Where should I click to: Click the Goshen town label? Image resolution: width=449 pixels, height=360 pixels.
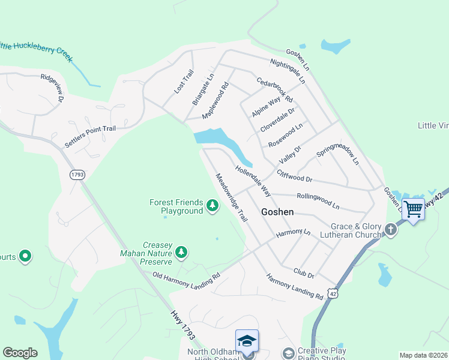tap(277, 212)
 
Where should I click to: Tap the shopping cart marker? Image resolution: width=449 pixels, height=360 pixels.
tap(413, 209)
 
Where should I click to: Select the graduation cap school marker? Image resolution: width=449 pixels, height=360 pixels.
tap(247, 341)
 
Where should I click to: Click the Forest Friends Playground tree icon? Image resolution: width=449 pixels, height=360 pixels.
tap(212, 206)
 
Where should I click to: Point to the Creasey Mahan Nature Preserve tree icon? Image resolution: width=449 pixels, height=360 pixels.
tap(182, 253)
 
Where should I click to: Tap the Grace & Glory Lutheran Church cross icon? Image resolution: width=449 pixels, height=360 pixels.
tap(391, 229)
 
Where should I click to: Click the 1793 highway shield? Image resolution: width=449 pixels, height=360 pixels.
tap(77, 175)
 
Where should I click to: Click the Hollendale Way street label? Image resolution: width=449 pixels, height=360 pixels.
tap(253, 181)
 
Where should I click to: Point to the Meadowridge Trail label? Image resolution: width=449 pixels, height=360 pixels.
tap(231, 197)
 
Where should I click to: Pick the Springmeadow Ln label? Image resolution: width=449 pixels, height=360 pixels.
tap(337, 154)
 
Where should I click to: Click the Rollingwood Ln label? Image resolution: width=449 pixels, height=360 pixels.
tap(318, 200)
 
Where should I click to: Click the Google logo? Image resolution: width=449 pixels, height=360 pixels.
tap(20, 353)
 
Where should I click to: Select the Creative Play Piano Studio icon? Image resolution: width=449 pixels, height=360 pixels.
tap(288, 353)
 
